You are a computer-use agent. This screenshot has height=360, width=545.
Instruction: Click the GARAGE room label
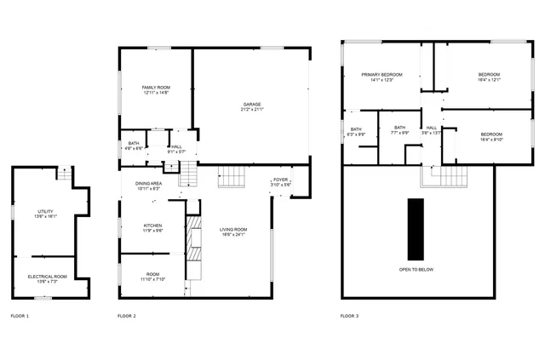(x=252, y=104)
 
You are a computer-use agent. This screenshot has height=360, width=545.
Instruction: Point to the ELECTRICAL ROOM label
(x=47, y=276)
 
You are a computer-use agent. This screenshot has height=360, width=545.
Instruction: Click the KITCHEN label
(x=152, y=226)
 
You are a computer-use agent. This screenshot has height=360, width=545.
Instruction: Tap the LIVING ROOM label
(x=233, y=229)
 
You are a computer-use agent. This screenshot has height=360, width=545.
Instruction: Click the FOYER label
(x=280, y=180)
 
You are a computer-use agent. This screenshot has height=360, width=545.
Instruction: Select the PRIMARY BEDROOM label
(x=381, y=75)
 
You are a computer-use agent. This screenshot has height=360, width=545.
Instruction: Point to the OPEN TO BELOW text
(x=416, y=269)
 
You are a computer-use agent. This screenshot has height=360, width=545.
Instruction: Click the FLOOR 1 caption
(x=19, y=316)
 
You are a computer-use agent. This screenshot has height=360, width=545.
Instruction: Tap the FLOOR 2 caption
(x=127, y=316)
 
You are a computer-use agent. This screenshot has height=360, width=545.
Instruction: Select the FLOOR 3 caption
(x=349, y=316)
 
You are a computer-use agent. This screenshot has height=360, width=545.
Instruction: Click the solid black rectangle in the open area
(x=416, y=229)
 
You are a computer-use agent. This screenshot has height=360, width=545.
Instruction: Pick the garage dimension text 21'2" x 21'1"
(x=252, y=109)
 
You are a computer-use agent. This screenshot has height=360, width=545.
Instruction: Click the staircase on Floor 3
(x=445, y=178)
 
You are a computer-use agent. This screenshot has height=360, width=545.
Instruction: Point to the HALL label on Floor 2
(x=176, y=147)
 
